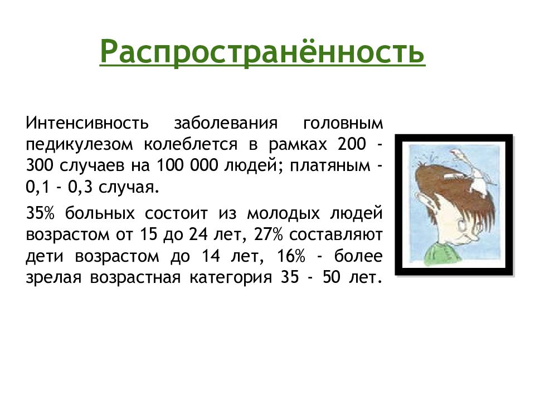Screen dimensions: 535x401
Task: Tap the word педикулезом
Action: (x=79, y=145)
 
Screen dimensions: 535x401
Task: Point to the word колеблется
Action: (x=191, y=144)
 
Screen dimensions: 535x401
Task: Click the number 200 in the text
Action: (x=352, y=144)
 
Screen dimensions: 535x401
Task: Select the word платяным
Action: (x=330, y=167)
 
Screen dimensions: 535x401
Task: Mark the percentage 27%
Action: (x=269, y=234)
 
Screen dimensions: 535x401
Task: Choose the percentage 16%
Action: (x=291, y=256)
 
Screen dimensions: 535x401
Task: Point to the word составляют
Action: (x=335, y=235)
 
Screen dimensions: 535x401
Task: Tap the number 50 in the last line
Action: (x=332, y=277)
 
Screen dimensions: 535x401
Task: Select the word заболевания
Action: (x=226, y=123)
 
